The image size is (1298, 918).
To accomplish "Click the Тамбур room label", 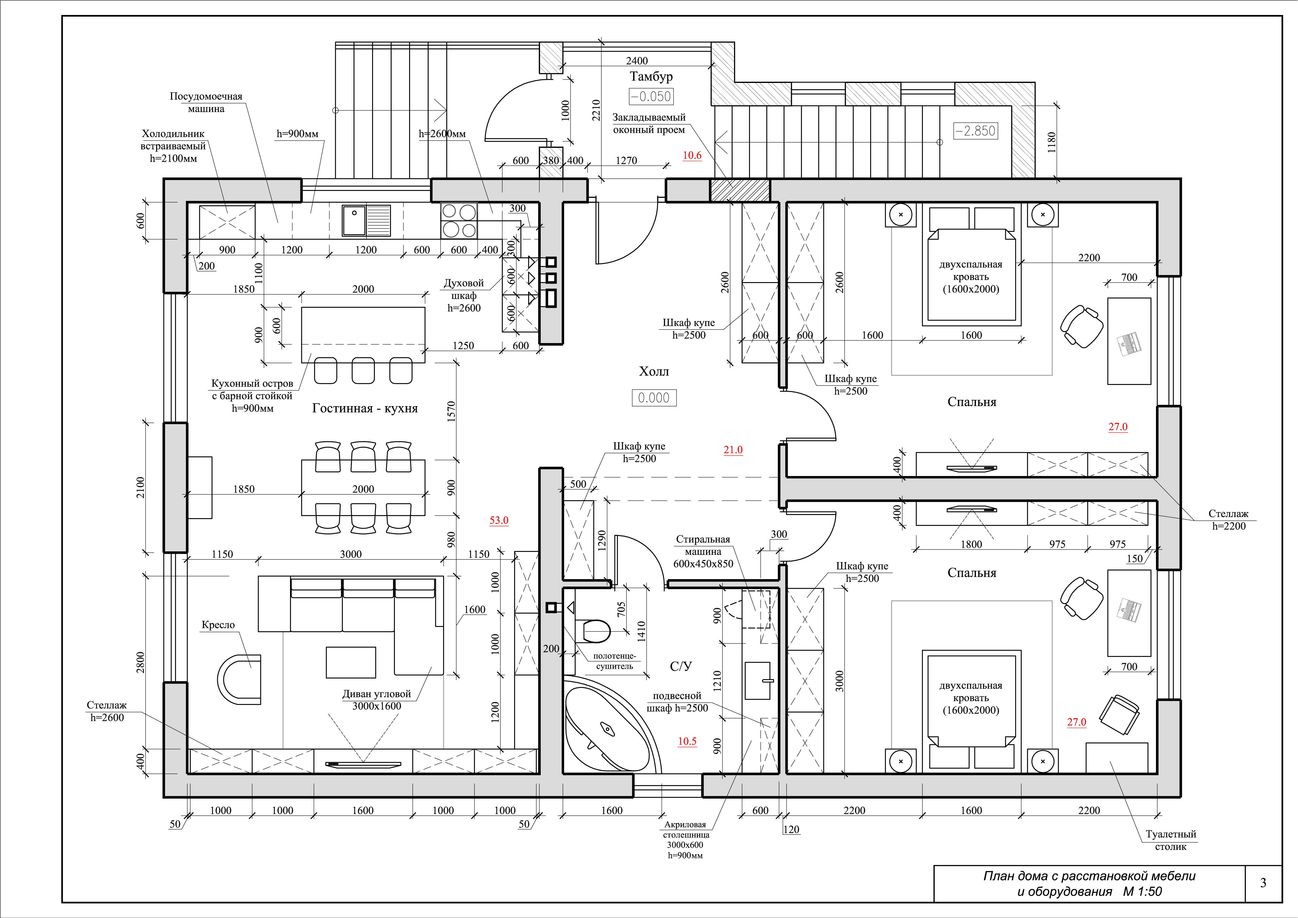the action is click(651, 76).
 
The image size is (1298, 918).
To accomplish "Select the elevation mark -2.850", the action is click(975, 131).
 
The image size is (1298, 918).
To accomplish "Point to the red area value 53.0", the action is click(499, 520).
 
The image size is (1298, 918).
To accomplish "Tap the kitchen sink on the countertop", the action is click(366, 220).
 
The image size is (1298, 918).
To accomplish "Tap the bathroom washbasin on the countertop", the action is click(758, 680).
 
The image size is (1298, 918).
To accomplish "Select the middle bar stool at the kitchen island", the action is click(363, 371).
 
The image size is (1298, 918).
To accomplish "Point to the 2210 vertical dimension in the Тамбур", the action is click(596, 110).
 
